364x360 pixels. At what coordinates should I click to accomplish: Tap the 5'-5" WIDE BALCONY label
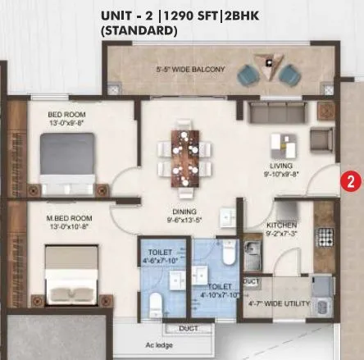[x=189, y=70]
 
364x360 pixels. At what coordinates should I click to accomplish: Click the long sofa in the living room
[x=281, y=112]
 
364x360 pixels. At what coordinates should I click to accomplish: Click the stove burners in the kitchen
[x=325, y=237]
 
